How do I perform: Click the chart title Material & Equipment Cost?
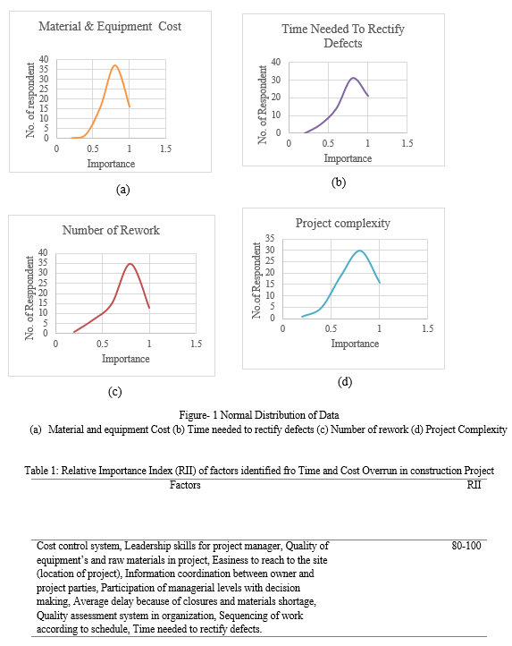tap(110, 26)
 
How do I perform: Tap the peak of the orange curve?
tap(115, 65)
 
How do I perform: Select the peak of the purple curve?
tap(353, 78)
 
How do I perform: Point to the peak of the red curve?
tap(130, 264)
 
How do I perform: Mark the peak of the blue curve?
tap(359, 251)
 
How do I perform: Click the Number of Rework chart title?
tap(111, 230)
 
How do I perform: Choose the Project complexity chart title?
tap(342, 224)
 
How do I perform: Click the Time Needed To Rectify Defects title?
tap(343, 36)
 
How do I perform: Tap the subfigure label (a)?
tap(122, 190)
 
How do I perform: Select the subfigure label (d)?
tap(345, 382)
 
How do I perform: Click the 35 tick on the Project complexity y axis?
tap(270, 238)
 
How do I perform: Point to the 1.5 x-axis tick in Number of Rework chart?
tap(197, 344)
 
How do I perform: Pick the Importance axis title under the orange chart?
tap(111, 164)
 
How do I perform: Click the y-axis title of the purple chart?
tap(262, 105)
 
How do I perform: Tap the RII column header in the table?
tap(474, 485)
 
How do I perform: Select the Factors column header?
tap(185, 485)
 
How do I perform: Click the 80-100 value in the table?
tap(466, 546)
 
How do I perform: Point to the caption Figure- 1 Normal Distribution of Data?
tap(259, 415)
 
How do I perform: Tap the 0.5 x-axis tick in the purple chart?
tap(328, 143)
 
